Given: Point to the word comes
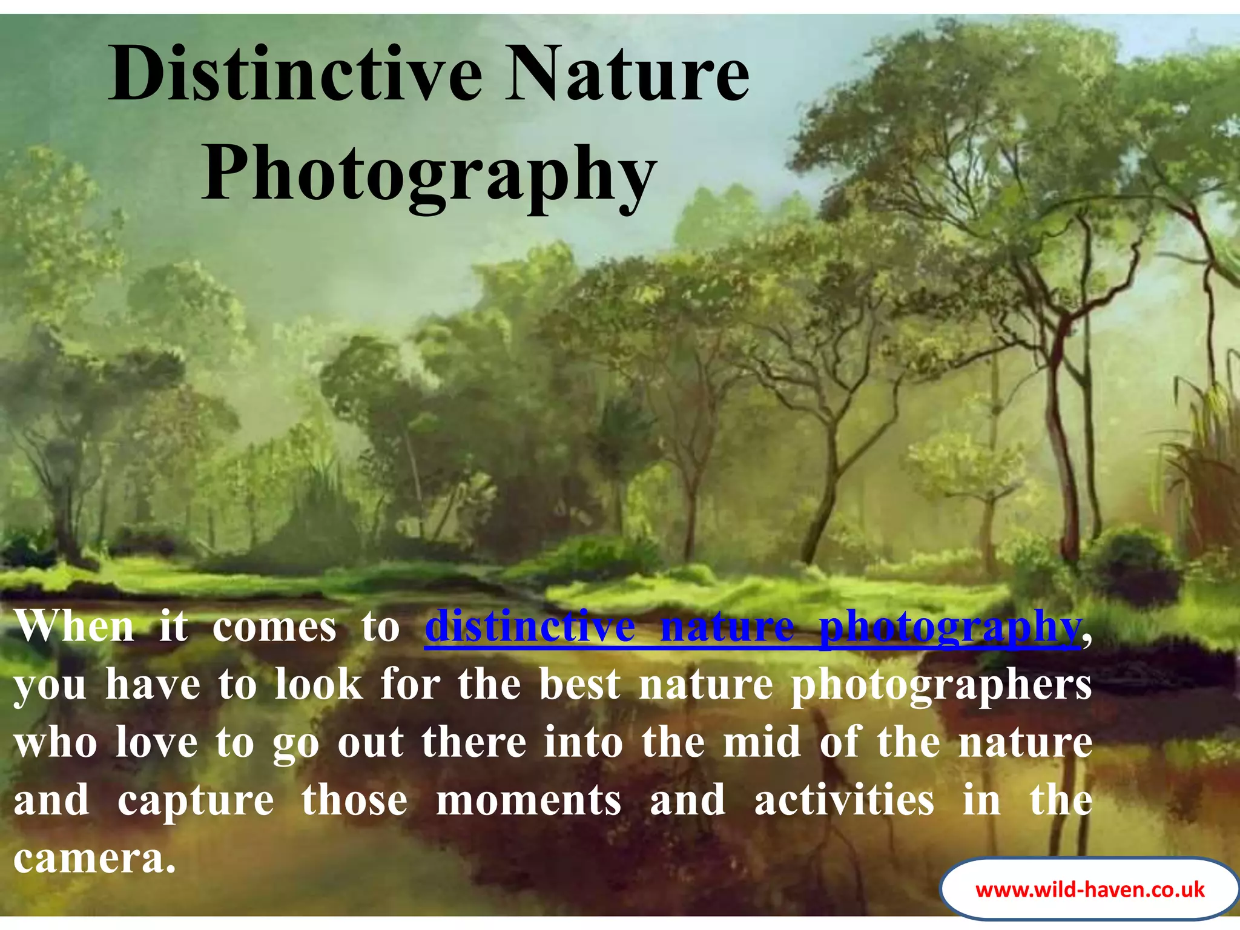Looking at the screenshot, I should click(x=274, y=627).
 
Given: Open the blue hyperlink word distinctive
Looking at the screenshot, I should click(x=530, y=627).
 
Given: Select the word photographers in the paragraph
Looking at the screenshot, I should click(x=942, y=685).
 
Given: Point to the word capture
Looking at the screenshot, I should click(x=196, y=800).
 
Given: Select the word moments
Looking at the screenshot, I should click(x=529, y=800).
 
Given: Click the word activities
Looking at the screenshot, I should click(x=844, y=800).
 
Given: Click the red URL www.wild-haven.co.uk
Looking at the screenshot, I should click(x=1090, y=889).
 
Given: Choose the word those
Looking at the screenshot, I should click(x=355, y=800).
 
